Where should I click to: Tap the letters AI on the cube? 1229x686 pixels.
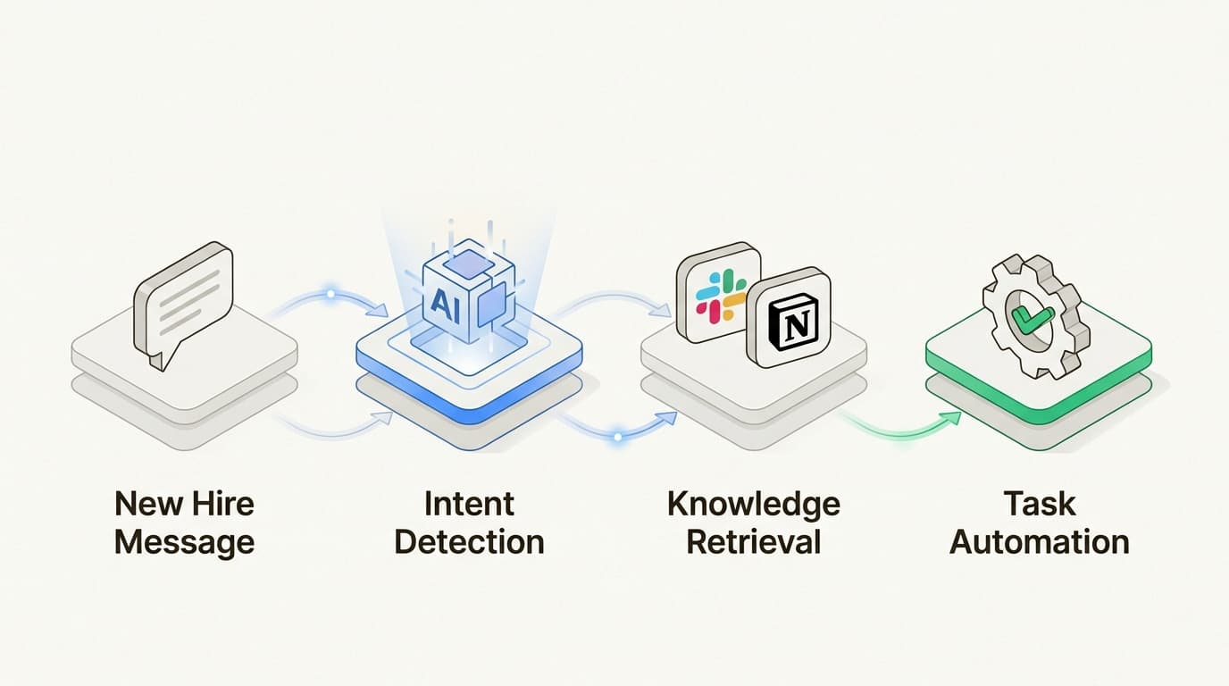click(x=441, y=302)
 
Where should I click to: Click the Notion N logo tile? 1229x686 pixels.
click(x=788, y=318)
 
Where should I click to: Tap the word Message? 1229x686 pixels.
click(x=185, y=541)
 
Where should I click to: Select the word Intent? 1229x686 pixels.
click(x=469, y=504)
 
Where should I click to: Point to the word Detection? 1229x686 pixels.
click(x=469, y=541)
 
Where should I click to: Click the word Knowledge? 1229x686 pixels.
click(x=753, y=504)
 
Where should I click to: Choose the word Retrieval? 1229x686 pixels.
click(x=753, y=541)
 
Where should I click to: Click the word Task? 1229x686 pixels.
click(x=1039, y=504)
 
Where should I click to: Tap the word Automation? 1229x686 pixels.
click(x=1039, y=541)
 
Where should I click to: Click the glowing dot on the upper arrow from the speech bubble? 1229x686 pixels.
click(x=331, y=293)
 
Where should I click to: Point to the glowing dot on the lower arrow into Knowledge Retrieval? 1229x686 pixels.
click(x=616, y=437)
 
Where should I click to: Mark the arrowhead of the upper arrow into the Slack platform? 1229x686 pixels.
click(x=664, y=312)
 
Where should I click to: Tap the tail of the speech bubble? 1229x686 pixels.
click(x=156, y=359)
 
